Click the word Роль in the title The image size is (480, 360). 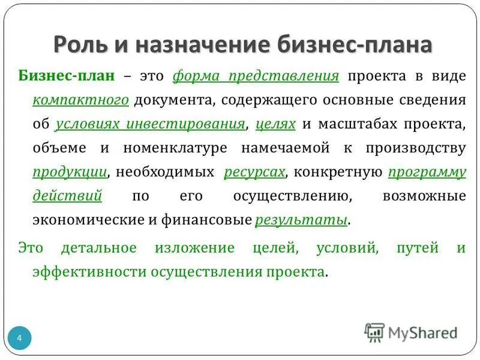coord(79,46)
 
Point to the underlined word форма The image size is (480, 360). coord(193,76)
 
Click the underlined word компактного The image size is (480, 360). coord(81,100)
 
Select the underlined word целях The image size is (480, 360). coord(275,124)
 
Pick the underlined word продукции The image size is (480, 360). coord(70,172)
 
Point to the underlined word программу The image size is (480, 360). coord(427,172)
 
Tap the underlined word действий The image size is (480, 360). coord(67,196)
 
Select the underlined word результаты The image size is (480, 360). coord(301,220)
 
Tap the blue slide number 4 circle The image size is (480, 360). coord(19,339)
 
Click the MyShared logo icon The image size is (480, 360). coord(374,332)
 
